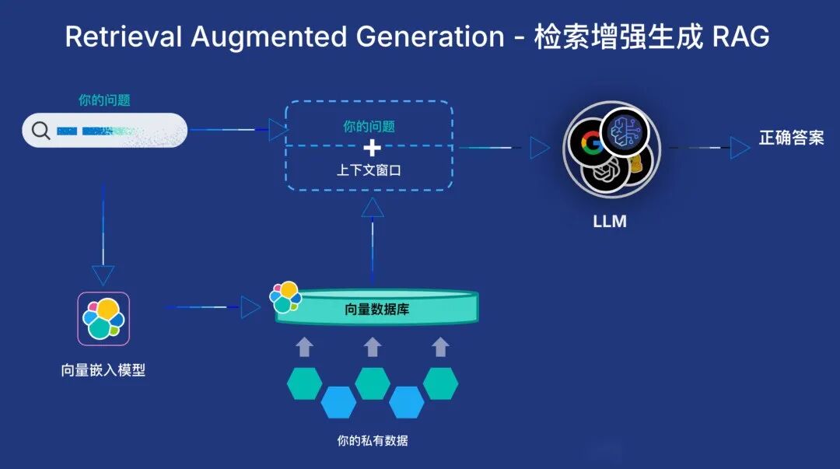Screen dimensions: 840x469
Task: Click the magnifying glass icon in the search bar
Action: pos(40,131)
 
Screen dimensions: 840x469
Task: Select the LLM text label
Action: pos(610,222)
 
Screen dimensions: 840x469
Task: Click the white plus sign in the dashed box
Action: pos(373,148)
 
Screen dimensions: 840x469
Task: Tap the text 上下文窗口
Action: pos(369,170)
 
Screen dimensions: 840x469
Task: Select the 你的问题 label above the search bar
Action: pos(104,100)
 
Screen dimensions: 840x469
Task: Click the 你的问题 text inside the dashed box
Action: pos(369,126)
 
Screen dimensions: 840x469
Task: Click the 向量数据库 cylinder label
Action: pos(376,310)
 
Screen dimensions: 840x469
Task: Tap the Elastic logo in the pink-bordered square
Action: pos(103,318)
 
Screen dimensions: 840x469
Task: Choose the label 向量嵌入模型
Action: pos(103,370)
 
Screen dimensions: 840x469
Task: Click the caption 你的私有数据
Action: pos(372,441)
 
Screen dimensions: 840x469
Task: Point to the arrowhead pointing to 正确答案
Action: pos(739,147)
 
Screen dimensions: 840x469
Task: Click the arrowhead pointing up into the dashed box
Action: pos(373,207)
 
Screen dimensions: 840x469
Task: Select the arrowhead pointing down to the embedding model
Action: pos(103,275)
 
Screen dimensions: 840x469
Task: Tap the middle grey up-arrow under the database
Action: pos(373,347)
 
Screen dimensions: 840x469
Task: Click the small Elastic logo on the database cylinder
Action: pos(284,296)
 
